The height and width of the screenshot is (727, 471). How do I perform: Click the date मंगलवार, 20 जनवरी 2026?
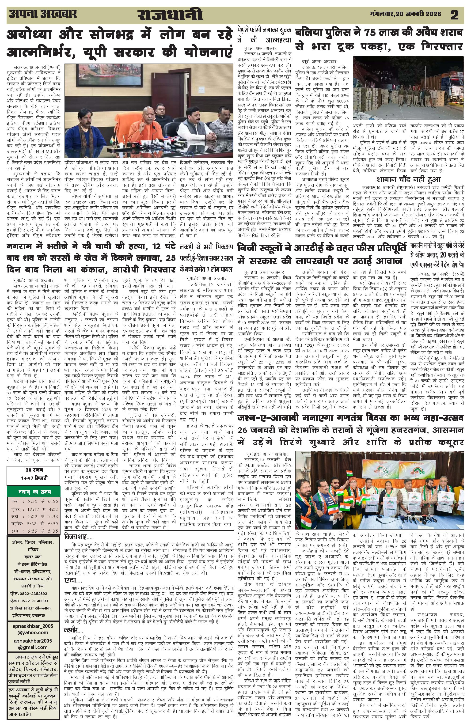point(406,14)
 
